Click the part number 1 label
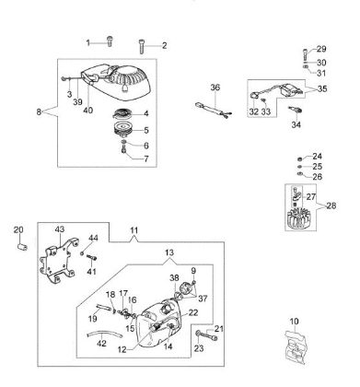point(88,43)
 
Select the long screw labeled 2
point(142,47)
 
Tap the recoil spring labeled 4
point(122,113)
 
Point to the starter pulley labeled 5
point(122,129)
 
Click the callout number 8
point(39,111)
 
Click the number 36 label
point(215,88)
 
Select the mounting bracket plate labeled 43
point(59,262)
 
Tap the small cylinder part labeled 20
point(22,247)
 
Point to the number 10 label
point(294,322)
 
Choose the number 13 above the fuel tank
point(169,252)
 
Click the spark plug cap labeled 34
point(296,111)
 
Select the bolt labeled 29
point(306,55)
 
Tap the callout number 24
point(318,157)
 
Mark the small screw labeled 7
point(124,151)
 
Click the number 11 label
point(134,230)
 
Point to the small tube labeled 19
point(103,307)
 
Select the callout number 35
point(322,88)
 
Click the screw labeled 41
point(91,258)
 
